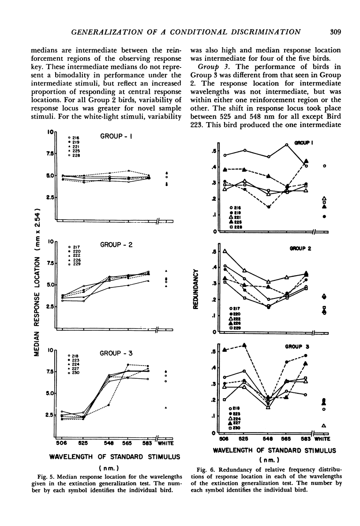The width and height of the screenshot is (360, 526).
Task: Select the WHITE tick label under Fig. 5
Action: tap(165, 443)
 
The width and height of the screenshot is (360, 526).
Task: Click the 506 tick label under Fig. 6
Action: tap(224, 439)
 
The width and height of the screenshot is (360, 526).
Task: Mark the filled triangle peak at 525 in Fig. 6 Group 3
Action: tap(245, 345)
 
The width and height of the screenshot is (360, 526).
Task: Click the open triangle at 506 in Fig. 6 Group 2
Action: tap(225, 251)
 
